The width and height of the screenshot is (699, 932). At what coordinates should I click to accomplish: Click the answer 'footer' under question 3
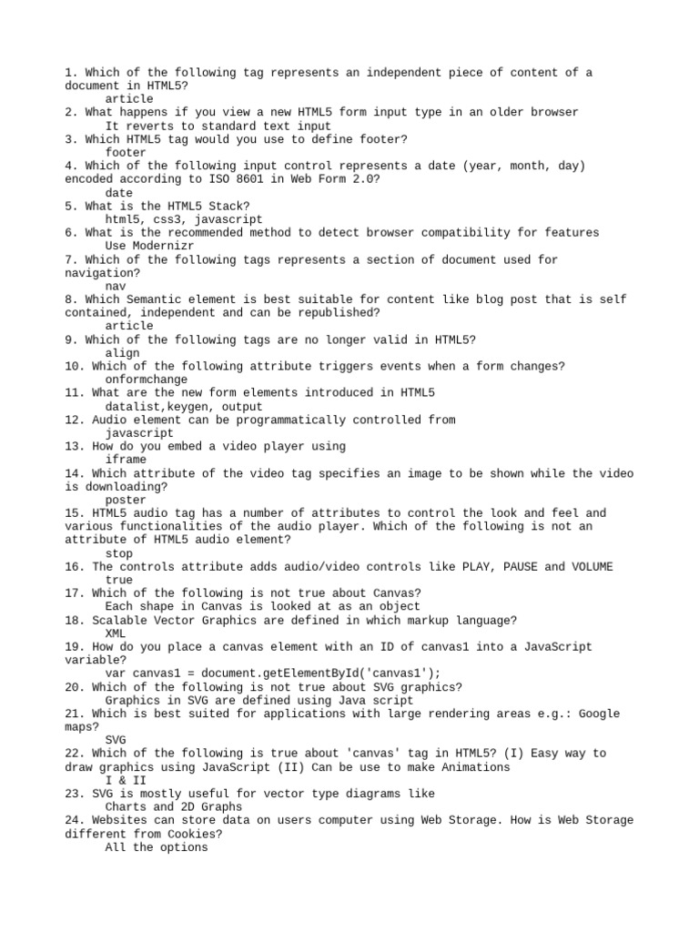pyautogui.click(x=126, y=153)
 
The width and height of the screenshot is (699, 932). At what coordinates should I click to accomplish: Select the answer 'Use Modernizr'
pyautogui.click(x=149, y=246)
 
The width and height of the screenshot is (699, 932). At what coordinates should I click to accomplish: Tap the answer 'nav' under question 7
pyautogui.click(x=116, y=286)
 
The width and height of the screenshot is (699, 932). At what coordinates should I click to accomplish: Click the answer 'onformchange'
pyautogui.click(x=146, y=380)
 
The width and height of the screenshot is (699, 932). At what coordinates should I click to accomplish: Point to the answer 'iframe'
pyautogui.click(x=126, y=460)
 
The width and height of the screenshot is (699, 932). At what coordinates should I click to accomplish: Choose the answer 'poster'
pyautogui.click(x=126, y=500)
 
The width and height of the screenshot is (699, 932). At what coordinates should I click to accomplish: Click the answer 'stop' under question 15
pyautogui.click(x=119, y=553)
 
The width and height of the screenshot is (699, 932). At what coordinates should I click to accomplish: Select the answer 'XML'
pyautogui.click(x=116, y=633)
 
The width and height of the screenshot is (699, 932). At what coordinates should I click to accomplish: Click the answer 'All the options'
pyautogui.click(x=156, y=847)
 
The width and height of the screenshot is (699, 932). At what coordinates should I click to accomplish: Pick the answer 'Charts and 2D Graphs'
pyautogui.click(x=173, y=806)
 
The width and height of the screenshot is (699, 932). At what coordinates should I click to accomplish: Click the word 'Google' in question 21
pyautogui.click(x=600, y=714)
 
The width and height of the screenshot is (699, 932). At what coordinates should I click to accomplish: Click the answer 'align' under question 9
pyautogui.click(x=123, y=353)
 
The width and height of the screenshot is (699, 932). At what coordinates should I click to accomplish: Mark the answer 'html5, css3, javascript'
pyautogui.click(x=183, y=219)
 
